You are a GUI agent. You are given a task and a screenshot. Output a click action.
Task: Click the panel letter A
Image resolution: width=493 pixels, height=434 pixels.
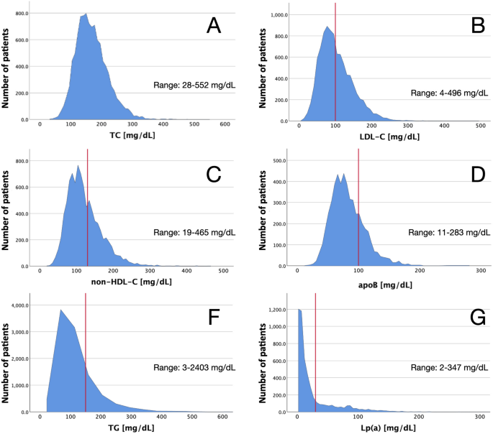214,26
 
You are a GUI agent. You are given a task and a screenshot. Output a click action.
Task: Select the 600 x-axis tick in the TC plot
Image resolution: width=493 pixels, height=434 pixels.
225,125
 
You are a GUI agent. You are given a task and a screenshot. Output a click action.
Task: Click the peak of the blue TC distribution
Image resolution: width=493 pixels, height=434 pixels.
86,14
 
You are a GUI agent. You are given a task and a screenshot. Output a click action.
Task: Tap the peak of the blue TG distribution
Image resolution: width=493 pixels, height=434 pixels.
60,310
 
